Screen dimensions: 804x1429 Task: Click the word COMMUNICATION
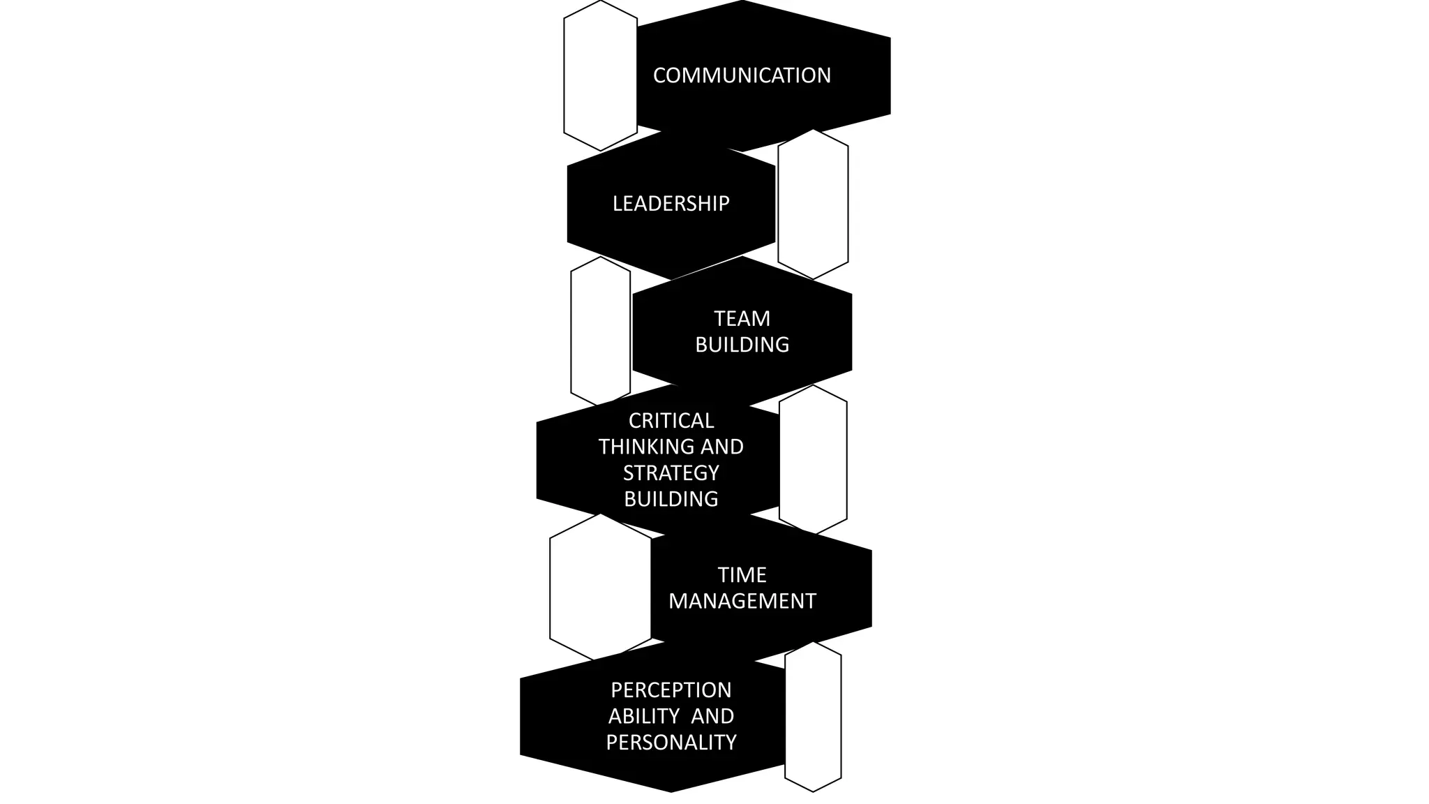click(x=742, y=75)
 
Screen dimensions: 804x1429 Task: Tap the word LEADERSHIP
click(x=671, y=204)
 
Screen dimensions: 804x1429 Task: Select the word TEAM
click(x=742, y=319)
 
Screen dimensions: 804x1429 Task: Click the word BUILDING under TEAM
click(x=742, y=345)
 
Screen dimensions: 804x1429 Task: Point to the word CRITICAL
click(x=671, y=421)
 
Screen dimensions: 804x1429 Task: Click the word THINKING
click(x=647, y=447)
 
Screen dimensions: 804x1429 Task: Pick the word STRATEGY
click(x=671, y=473)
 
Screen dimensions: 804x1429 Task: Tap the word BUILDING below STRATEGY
click(x=671, y=499)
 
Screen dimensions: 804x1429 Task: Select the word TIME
click(x=742, y=575)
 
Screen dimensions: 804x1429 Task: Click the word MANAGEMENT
click(x=742, y=601)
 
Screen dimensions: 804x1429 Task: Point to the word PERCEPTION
click(x=671, y=690)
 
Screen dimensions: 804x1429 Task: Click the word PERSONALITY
click(x=671, y=743)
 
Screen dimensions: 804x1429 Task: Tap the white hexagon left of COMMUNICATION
click(x=600, y=75)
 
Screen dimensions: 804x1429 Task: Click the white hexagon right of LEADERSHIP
click(x=813, y=204)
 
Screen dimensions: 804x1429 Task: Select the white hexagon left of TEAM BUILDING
click(x=600, y=332)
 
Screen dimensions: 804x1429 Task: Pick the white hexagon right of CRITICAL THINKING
click(x=813, y=460)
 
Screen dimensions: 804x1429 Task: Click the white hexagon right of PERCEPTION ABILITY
click(x=813, y=717)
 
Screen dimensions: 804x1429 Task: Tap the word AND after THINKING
click(x=721, y=447)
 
